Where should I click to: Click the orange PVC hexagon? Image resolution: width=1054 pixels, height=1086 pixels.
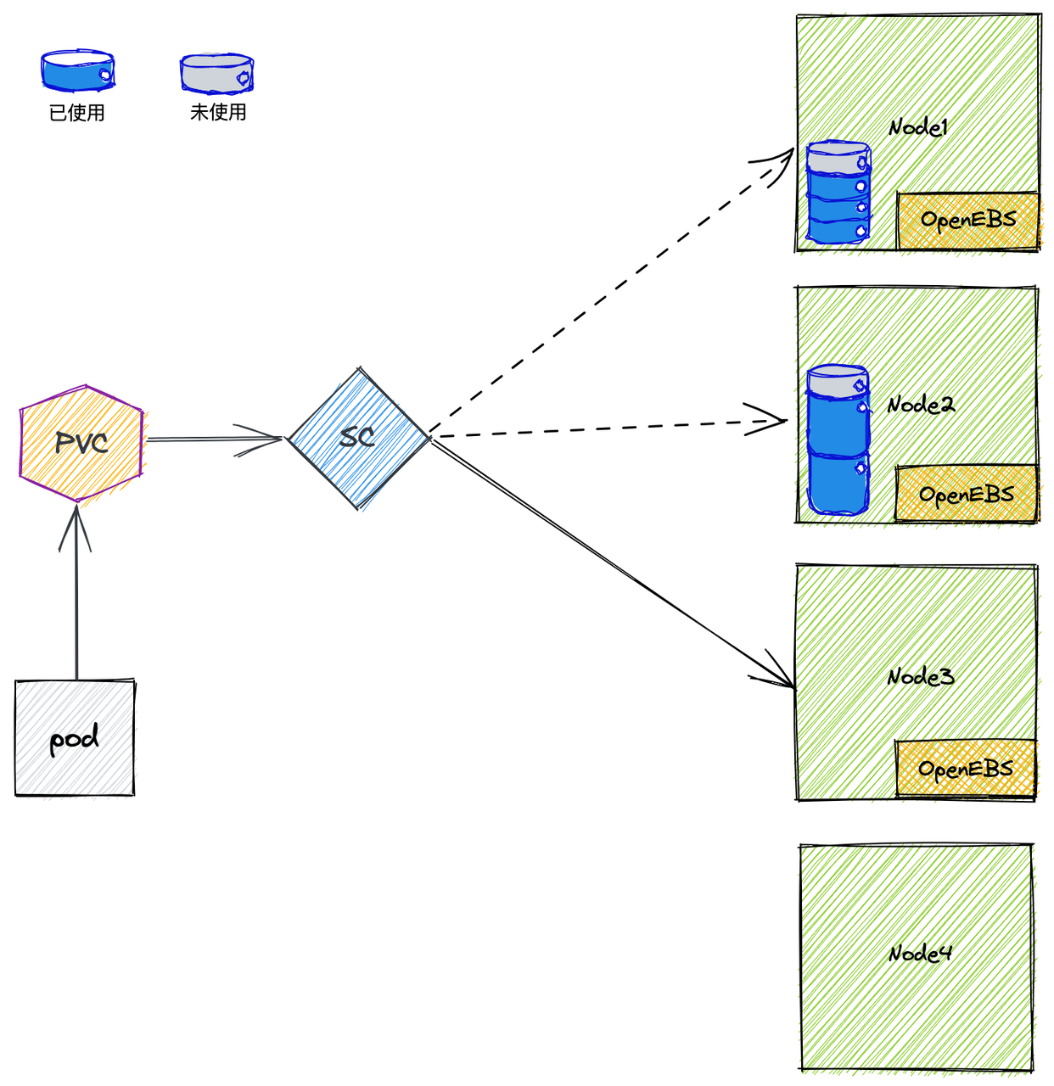click(81, 443)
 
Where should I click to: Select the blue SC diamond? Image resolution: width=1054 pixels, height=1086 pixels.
click(358, 438)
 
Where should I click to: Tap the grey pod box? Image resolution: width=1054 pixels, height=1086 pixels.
click(75, 738)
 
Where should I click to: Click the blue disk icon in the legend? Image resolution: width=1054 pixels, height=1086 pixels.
click(77, 70)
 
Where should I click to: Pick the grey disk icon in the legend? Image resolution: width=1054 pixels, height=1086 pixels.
click(216, 73)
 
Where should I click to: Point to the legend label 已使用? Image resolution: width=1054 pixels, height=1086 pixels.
click(77, 113)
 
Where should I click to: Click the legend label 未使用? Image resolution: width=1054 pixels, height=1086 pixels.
click(218, 112)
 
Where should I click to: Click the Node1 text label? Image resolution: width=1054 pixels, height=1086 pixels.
click(918, 128)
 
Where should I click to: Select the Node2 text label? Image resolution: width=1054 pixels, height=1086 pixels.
click(921, 404)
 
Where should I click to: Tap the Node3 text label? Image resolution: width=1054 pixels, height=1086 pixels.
click(921, 676)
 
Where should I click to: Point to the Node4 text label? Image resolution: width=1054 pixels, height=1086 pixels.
click(920, 953)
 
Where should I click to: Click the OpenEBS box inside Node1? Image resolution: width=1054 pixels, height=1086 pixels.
click(968, 221)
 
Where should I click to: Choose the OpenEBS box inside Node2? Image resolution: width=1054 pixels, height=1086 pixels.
click(967, 494)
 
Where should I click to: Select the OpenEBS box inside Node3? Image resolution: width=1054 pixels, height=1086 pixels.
click(966, 769)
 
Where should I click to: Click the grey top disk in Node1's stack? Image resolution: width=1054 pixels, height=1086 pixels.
click(838, 157)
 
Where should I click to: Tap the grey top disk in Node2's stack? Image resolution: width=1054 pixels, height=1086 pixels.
click(838, 380)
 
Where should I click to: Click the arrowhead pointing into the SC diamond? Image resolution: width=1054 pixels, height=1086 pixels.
click(260, 439)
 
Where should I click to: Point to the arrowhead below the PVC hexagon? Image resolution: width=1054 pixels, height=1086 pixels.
click(76, 528)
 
